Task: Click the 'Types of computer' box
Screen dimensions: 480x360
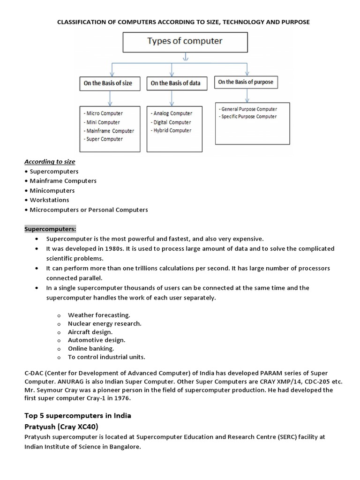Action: [185, 41]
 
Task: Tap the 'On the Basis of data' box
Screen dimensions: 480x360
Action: [175, 83]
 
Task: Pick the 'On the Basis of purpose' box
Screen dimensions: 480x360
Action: [245, 82]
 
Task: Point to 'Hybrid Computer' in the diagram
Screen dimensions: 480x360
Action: [172, 130]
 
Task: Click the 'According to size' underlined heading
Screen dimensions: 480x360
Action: [50, 162]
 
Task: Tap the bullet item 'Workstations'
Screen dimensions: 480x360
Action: [49, 200]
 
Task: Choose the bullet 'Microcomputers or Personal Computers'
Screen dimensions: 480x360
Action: [89, 210]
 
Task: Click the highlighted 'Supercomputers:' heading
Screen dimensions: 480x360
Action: [50, 229]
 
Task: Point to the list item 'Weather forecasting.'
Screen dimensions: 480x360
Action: [99, 315]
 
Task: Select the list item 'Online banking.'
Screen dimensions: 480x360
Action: [91, 348]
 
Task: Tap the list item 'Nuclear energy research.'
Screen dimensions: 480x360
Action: [105, 323]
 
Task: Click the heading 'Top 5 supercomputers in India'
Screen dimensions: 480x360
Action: [78, 416]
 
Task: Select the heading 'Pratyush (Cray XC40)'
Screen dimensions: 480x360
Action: [63, 427]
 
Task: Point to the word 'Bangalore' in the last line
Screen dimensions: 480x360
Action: [124, 447]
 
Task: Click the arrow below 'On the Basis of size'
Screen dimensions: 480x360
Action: [110, 98]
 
